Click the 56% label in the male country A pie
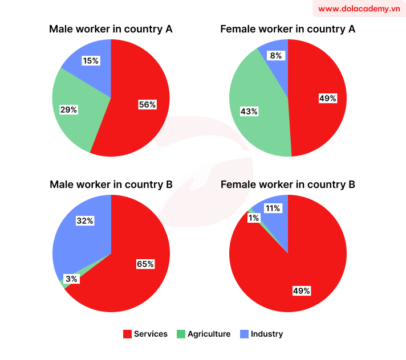point(147,104)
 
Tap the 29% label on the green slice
point(68,109)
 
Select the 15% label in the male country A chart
point(90,60)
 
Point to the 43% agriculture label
point(249,112)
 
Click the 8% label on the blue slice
point(276,56)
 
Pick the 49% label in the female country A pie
point(327,99)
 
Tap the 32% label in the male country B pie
point(85,220)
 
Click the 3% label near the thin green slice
point(71,279)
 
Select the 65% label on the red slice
point(145,264)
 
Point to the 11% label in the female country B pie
point(272,208)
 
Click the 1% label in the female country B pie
point(253,218)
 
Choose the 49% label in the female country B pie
point(302,291)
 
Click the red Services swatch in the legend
point(127,334)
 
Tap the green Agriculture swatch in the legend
point(181,334)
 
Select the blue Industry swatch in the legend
point(243,334)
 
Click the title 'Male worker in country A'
point(111,28)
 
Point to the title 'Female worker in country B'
point(287,185)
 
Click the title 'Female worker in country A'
point(287,28)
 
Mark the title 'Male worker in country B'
point(111,185)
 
